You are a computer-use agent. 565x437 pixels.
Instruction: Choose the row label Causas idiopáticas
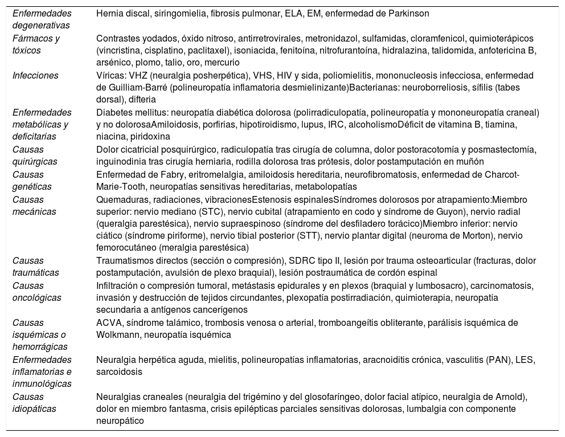coord(33,403)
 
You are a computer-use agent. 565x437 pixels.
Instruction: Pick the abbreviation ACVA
coord(108,322)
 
